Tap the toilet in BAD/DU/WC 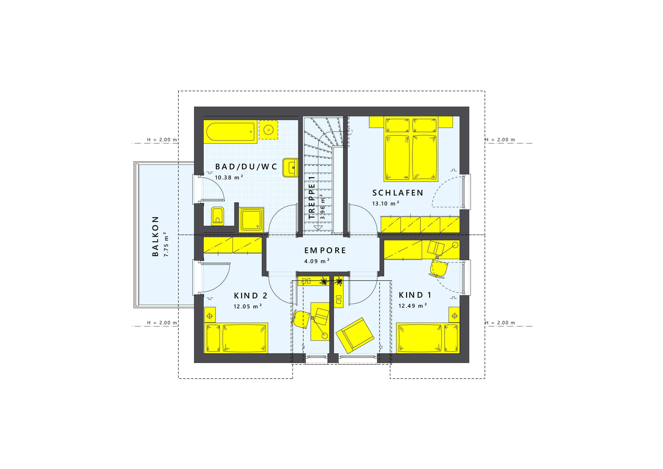pos(217,216)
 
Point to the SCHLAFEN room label pos(398,193)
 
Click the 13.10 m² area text pos(386,203)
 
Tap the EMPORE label pos(325,250)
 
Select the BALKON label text pos(155,236)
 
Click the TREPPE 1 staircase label pos(312,198)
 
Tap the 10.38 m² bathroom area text pos(229,177)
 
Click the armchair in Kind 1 pos(355,335)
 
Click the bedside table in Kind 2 pos(210,316)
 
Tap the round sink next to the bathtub pos(269,130)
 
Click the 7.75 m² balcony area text pos(166,244)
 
